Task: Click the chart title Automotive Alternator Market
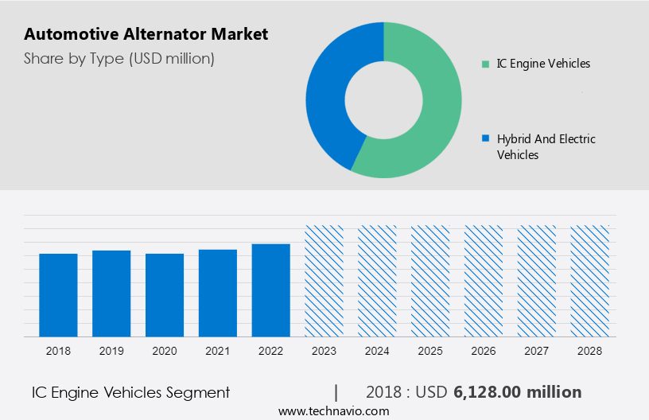(x=146, y=34)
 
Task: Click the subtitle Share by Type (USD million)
(x=119, y=59)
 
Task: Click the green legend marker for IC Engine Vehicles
(x=485, y=64)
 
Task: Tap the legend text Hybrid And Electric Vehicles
(x=546, y=146)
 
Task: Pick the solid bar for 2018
(x=58, y=294)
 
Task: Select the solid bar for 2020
(x=165, y=294)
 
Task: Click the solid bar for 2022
(x=271, y=290)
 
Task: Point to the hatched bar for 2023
(x=324, y=280)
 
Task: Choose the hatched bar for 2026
(x=484, y=280)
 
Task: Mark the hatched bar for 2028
(x=590, y=280)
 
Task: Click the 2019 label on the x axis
(x=111, y=350)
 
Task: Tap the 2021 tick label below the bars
(x=218, y=350)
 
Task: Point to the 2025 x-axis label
(x=430, y=350)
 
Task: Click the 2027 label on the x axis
(x=537, y=350)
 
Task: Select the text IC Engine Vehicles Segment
(x=130, y=392)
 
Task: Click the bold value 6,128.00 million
(x=517, y=392)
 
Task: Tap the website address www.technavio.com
(x=333, y=410)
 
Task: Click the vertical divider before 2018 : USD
(x=336, y=392)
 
